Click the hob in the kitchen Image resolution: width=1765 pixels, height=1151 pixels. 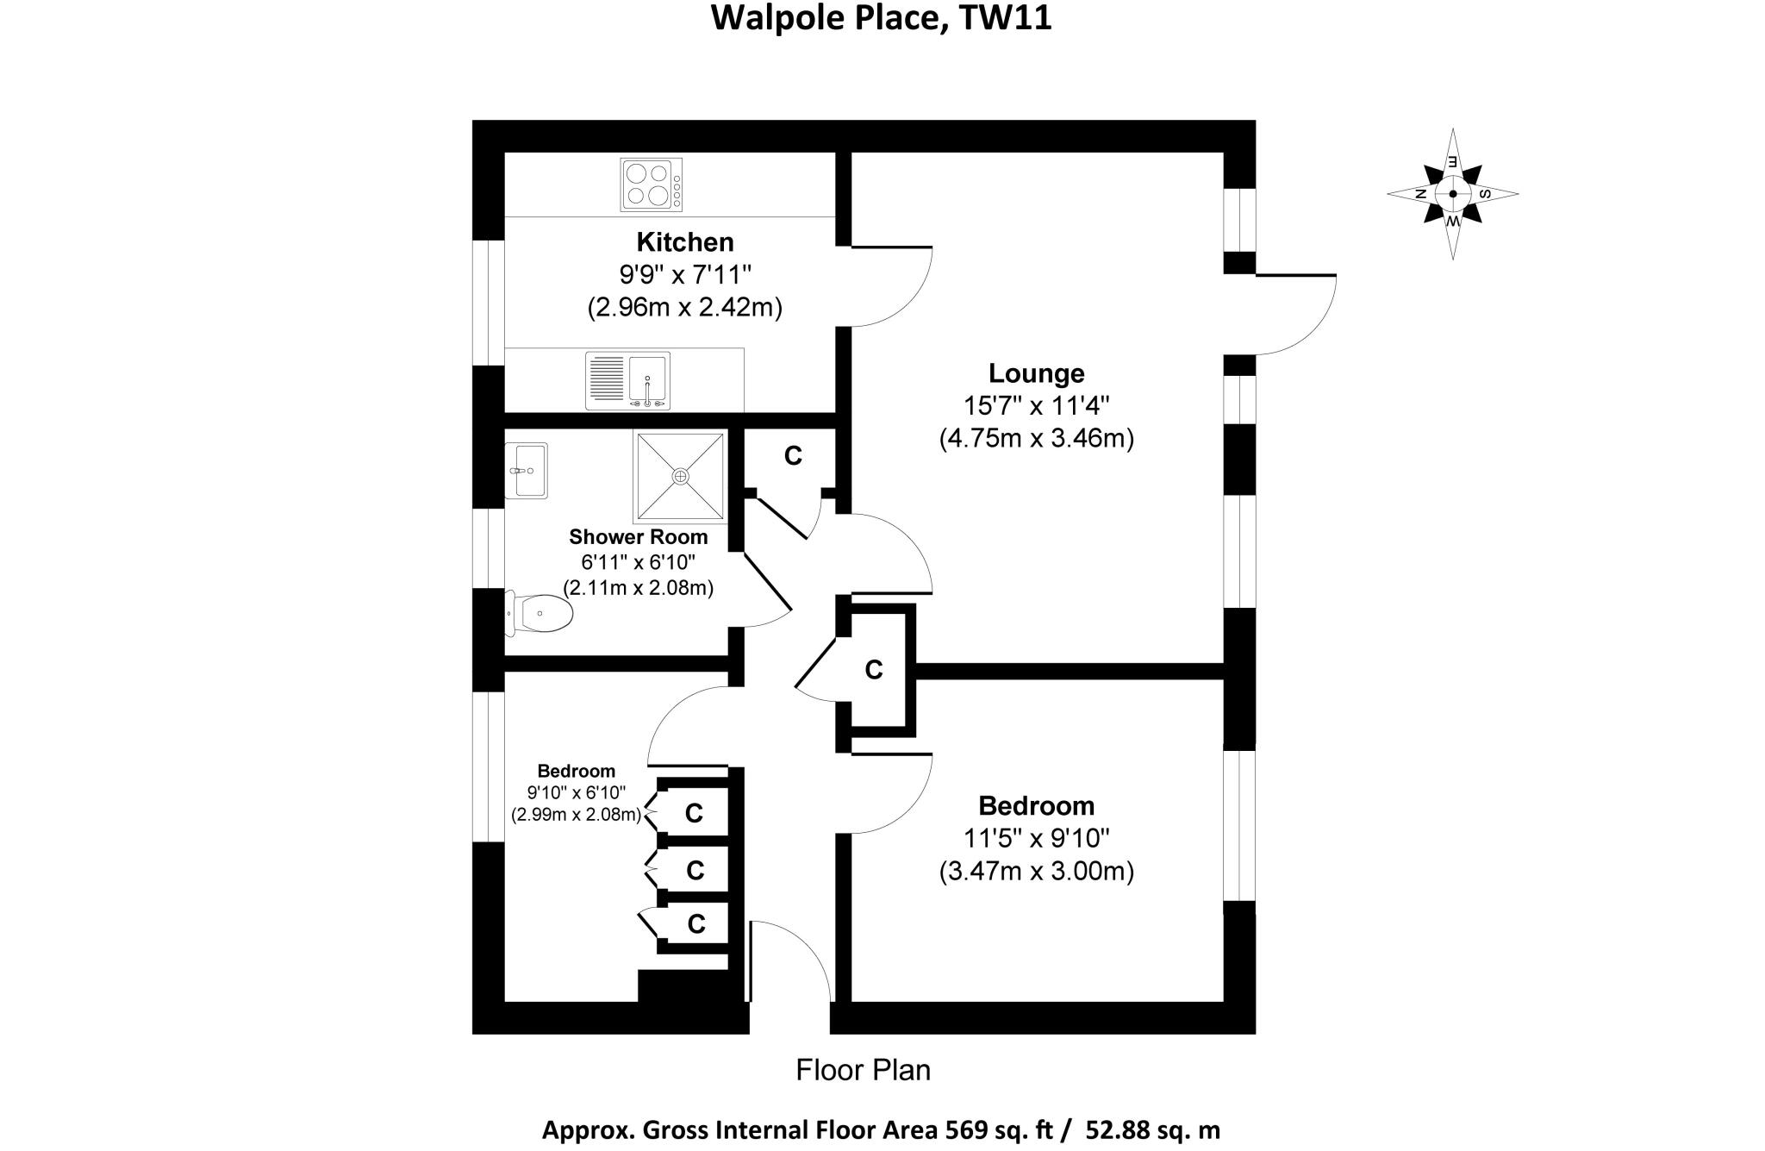click(x=651, y=185)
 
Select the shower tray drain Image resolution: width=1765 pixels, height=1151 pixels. click(x=681, y=476)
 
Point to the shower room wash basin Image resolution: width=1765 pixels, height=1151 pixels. click(x=526, y=471)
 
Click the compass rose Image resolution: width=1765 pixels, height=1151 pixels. click(x=1453, y=194)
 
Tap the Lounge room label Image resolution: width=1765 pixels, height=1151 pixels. click(x=1036, y=373)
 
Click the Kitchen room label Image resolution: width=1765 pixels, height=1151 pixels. click(x=685, y=241)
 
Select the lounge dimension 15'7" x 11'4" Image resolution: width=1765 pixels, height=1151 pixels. click(x=1036, y=405)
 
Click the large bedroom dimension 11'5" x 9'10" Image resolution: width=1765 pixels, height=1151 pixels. click(x=1036, y=838)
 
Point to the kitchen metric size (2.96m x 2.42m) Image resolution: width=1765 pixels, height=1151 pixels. click(x=685, y=308)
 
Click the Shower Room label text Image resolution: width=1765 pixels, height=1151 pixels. click(x=638, y=537)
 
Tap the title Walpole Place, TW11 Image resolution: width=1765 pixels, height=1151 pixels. click(x=881, y=18)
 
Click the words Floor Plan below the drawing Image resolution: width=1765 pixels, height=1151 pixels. click(x=863, y=1070)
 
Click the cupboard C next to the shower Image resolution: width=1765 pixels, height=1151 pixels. click(x=793, y=456)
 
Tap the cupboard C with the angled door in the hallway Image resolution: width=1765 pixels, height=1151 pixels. click(x=874, y=669)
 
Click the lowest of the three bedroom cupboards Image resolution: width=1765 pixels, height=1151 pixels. click(x=695, y=924)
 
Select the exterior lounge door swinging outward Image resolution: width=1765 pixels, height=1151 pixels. click(x=1297, y=315)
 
